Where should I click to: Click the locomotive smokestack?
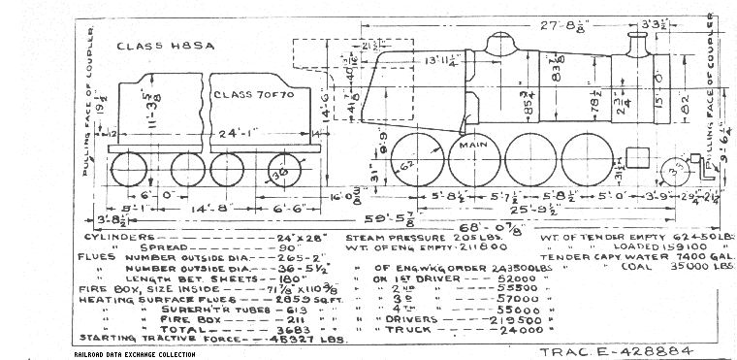[638, 46]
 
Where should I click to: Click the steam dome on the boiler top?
[500, 45]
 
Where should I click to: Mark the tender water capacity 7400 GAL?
[689, 256]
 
